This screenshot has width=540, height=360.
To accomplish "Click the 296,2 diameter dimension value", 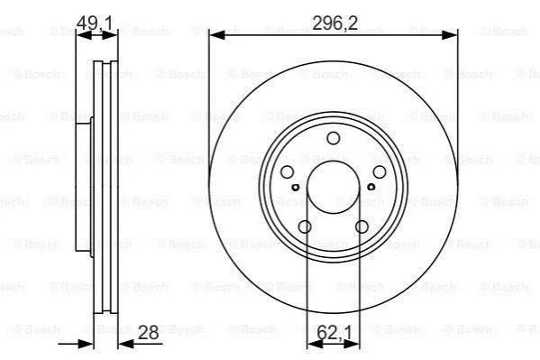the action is coord(334,23).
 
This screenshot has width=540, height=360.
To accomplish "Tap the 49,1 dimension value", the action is coord(95,23).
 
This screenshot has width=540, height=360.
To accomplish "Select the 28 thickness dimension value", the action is coord(148,332).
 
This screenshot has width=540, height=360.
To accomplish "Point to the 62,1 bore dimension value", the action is coord(334,332).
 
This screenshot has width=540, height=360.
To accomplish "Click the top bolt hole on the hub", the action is coord(333,138).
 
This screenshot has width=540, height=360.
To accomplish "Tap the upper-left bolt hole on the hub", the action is coord(288,171).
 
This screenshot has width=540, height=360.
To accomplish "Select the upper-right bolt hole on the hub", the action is coord(380,171).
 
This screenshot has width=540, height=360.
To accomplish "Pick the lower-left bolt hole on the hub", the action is coord(305,226).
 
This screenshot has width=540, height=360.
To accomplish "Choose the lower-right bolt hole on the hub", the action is coord(362,226).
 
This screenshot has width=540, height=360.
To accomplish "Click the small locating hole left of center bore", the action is coord(296,188).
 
